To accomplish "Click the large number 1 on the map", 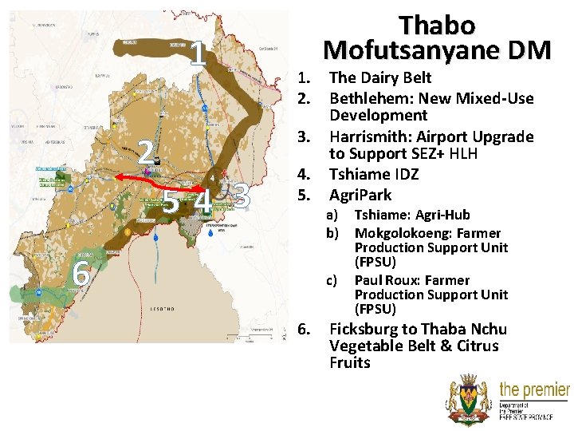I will pyautogui.click(x=199, y=54).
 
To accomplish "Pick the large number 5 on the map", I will pyautogui.click(x=171, y=202).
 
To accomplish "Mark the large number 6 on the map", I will pyautogui.click(x=80, y=275).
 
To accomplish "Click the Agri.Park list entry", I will pyautogui.click(x=360, y=194).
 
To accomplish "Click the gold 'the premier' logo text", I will pyautogui.click(x=533, y=390).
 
